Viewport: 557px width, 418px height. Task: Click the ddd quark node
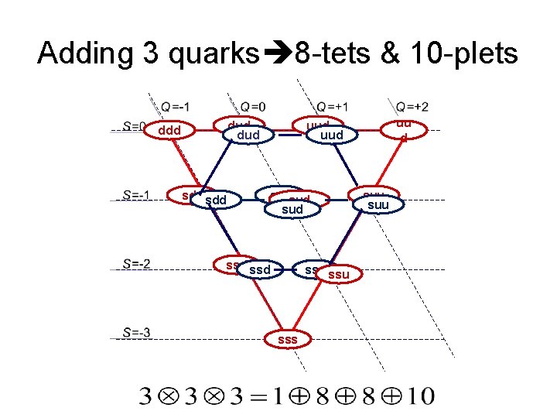point(169,131)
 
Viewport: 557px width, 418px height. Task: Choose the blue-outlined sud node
point(292,209)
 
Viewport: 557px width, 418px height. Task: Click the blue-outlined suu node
point(378,205)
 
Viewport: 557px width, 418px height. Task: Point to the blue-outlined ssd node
point(261,270)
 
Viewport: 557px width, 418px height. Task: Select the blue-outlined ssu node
point(338,275)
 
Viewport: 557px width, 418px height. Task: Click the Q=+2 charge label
point(412,106)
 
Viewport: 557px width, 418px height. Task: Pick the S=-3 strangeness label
point(136,334)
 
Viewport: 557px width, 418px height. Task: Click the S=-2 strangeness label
point(136,264)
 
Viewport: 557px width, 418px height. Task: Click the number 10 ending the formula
point(420,397)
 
